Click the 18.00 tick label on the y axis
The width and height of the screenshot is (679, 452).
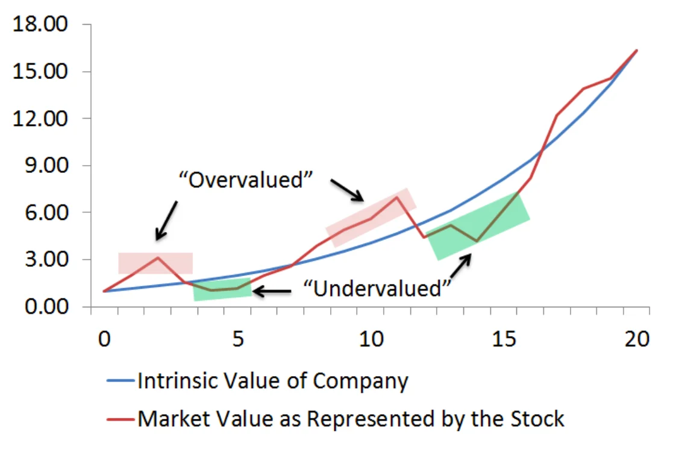point(40,24)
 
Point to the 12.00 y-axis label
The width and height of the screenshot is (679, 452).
point(40,118)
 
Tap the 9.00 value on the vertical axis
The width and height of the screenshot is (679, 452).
point(46,165)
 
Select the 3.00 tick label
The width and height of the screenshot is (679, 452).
point(46,259)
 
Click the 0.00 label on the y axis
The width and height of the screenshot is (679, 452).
point(46,306)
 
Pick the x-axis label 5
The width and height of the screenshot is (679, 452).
point(238,339)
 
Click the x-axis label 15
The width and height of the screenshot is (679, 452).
point(504,339)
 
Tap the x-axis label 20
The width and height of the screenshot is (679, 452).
point(637,339)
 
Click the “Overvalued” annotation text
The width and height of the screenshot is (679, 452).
point(246,179)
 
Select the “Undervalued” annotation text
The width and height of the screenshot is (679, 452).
point(377,288)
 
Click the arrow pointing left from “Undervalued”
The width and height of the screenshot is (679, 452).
point(272,291)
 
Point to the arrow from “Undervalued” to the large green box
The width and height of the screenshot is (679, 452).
point(461,266)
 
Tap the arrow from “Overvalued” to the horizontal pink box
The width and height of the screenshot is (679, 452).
point(166,221)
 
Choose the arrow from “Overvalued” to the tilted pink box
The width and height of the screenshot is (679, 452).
point(347,190)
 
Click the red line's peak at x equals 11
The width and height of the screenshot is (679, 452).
point(396,197)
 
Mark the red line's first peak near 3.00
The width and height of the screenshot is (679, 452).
point(158,257)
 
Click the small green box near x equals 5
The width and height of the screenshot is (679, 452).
point(222,289)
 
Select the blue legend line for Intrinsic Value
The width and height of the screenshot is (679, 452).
point(121,381)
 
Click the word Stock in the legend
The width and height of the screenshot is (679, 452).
point(537,419)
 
